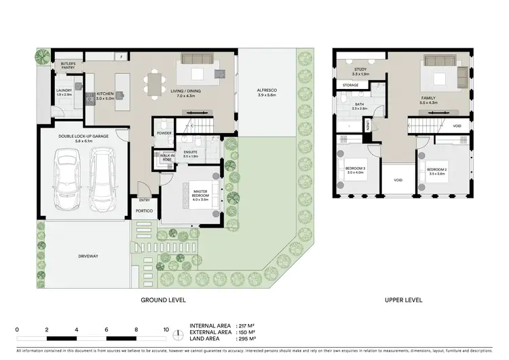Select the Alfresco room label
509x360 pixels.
pyautogui.click(x=266, y=92)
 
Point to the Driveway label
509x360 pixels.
pyautogui.click(x=88, y=256)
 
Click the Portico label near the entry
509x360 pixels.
pyautogui.click(x=144, y=211)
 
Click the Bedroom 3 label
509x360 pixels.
pyautogui.click(x=355, y=170)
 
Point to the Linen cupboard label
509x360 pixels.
pyautogui.click(x=366, y=125)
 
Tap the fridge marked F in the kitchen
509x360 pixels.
pyautogui.click(x=121, y=57)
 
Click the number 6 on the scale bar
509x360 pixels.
pyautogui.click(x=107, y=329)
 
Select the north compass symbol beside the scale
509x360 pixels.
pyautogui.click(x=178, y=334)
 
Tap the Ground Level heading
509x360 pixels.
pyautogui.click(x=163, y=300)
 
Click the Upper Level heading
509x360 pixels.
pyautogui.click(x=404, y=300)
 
